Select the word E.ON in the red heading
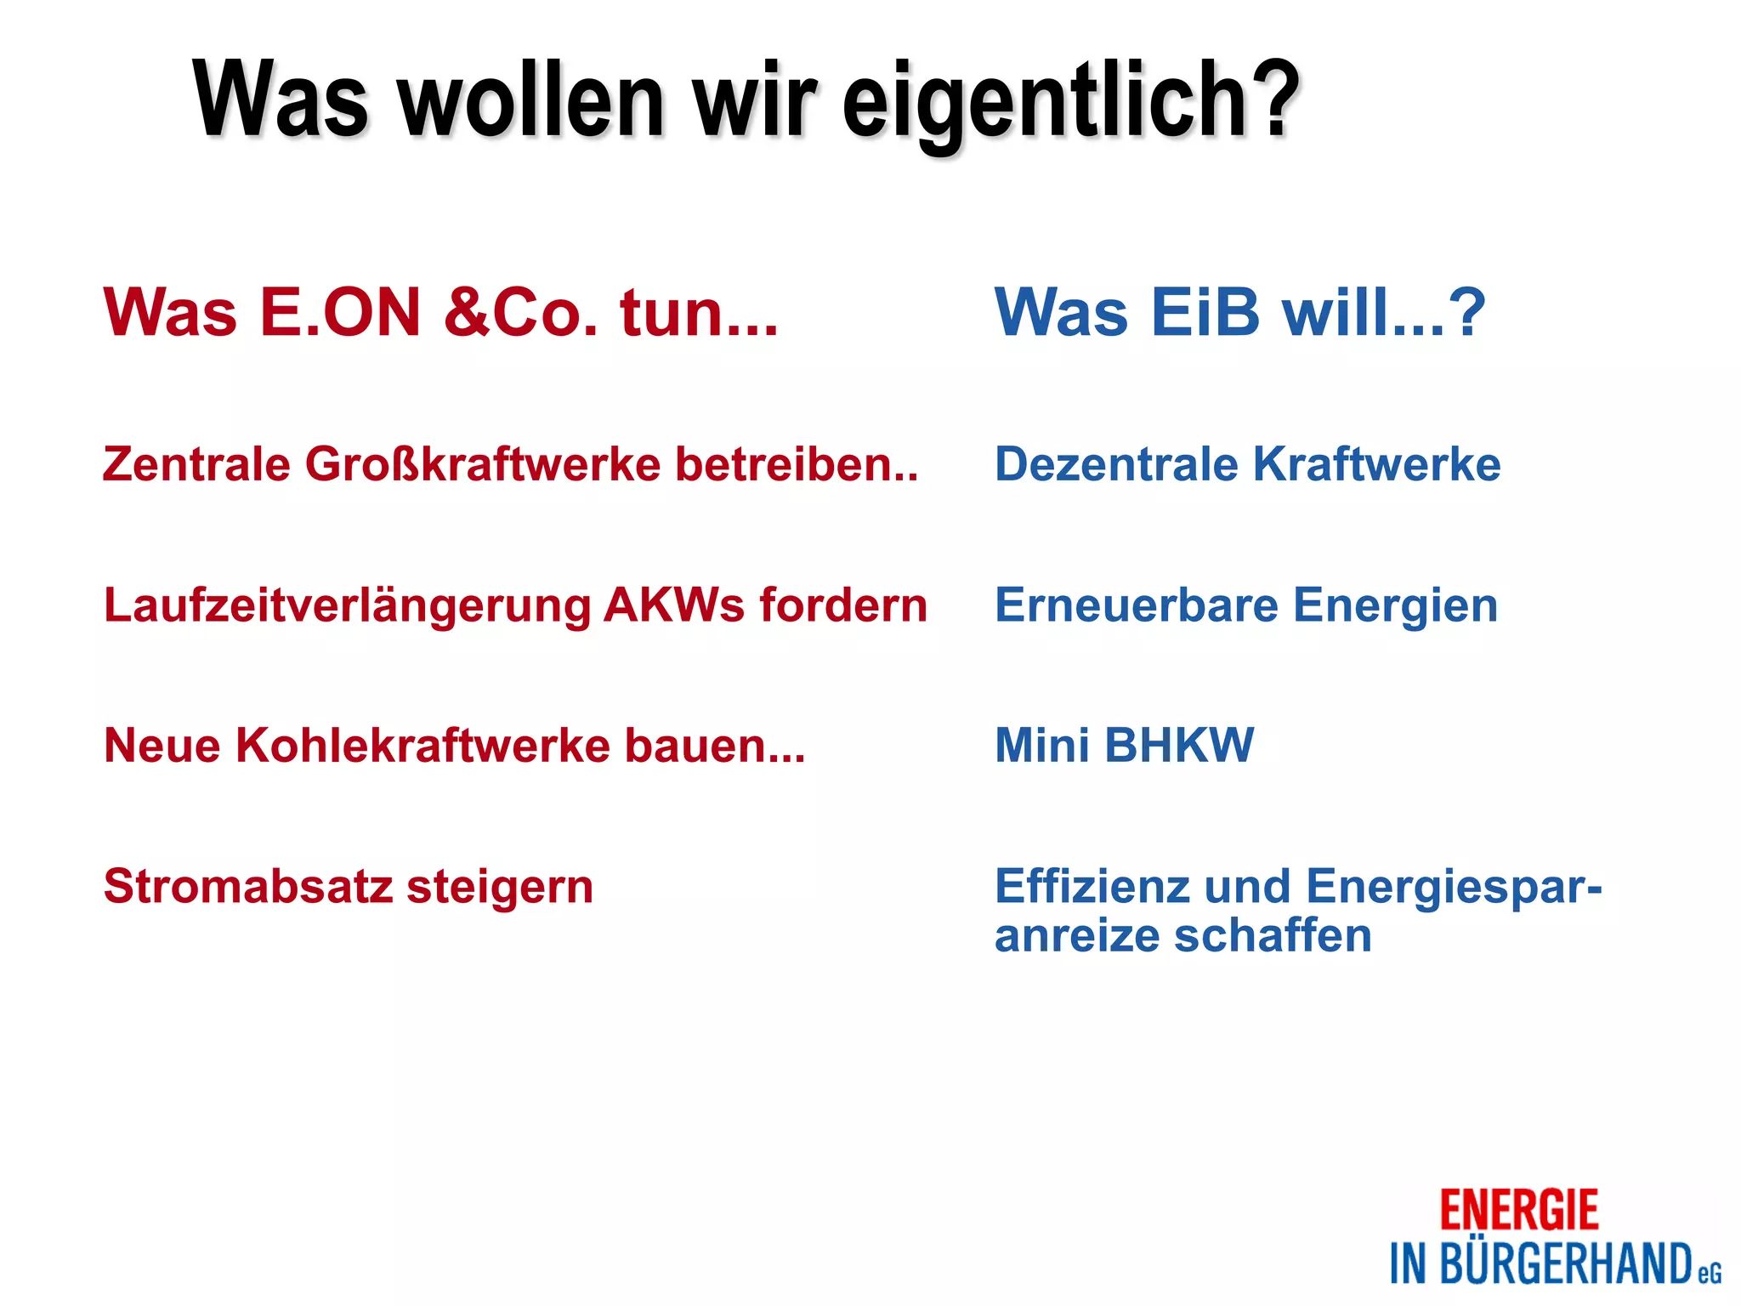(x=340, y=312)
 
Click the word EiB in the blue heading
(x=1205, y=312)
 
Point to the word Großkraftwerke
(x=483, y=465)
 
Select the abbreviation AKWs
(x=675, y=605)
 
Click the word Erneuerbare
(x=1137, y=605)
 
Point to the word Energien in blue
(x=1395, y=607)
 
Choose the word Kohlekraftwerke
(x=422, y=746)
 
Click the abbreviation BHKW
(x=1179, y=746)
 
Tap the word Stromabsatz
(x=248, y=887)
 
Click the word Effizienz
(x=1092, y=886)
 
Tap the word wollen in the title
(x=531, y=102)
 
